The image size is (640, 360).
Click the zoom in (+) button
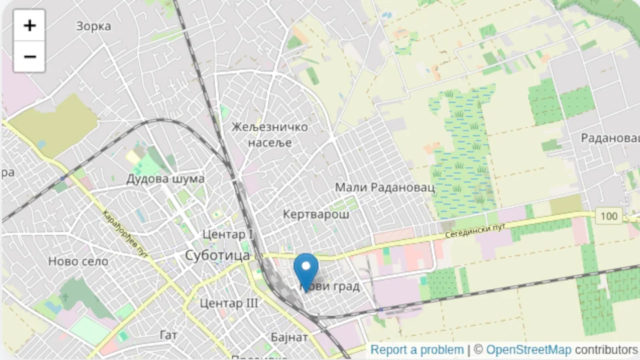tap(29, 25)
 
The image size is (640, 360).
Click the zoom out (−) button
tap(29, 56)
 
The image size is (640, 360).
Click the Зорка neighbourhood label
tap(93, 26)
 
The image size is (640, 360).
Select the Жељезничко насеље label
tap(269, 134)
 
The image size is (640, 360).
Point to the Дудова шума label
tap(165, 179)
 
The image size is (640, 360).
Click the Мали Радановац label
tap(384, 187)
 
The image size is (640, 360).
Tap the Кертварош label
tap(316, 214)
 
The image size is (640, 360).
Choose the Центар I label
tap(227, 235)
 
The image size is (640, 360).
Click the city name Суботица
tap(217, 255)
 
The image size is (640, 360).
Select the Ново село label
tap(78, 261)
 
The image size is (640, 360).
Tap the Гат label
tap(169, 334)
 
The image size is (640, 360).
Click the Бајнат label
tap(289, 337)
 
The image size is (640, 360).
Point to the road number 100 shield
tap(607, 216)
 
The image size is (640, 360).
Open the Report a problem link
tap(417, 350)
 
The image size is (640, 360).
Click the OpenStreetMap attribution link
tap(528, 350)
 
